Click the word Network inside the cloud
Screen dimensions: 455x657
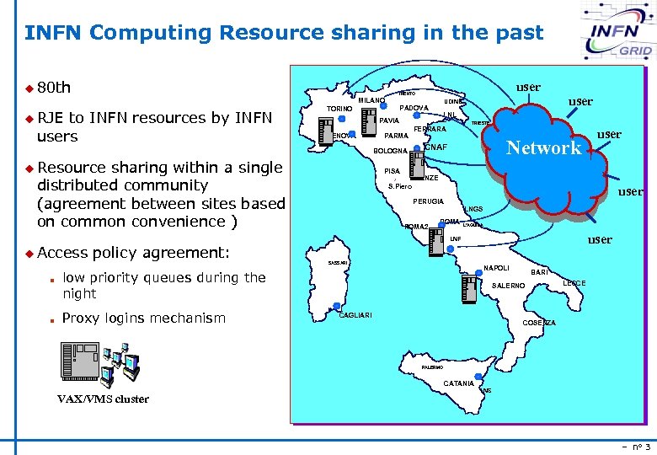click(x=543, y=148)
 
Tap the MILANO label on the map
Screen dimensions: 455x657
click(x=371, y=101)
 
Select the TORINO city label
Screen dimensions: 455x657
click(x=339, y=110)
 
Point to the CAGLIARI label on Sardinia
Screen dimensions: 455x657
click(x=355, y=315)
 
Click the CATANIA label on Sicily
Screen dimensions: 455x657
click(x=458, y=384)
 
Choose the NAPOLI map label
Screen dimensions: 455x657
click(x=496, y=268)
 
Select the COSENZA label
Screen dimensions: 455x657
click(x=539, y=323)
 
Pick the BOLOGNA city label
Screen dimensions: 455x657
click(x=390, y=152)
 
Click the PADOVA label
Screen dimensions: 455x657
click(x=414, y=108)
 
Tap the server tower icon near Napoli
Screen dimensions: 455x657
click(x=468, y=289)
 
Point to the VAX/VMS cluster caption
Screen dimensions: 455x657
click(x=103, y=399)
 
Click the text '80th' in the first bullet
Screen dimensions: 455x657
click(x=54, y=88)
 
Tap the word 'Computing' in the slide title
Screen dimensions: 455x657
click(x=151, y=33)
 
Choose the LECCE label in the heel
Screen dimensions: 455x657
click(x=574, y=283)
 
